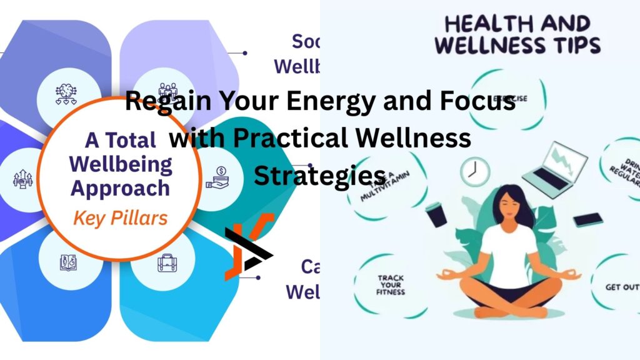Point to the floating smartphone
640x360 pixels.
[x=587, y=220]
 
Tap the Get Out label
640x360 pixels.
[x=621, y=287]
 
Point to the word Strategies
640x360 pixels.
[x=319, y=174]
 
